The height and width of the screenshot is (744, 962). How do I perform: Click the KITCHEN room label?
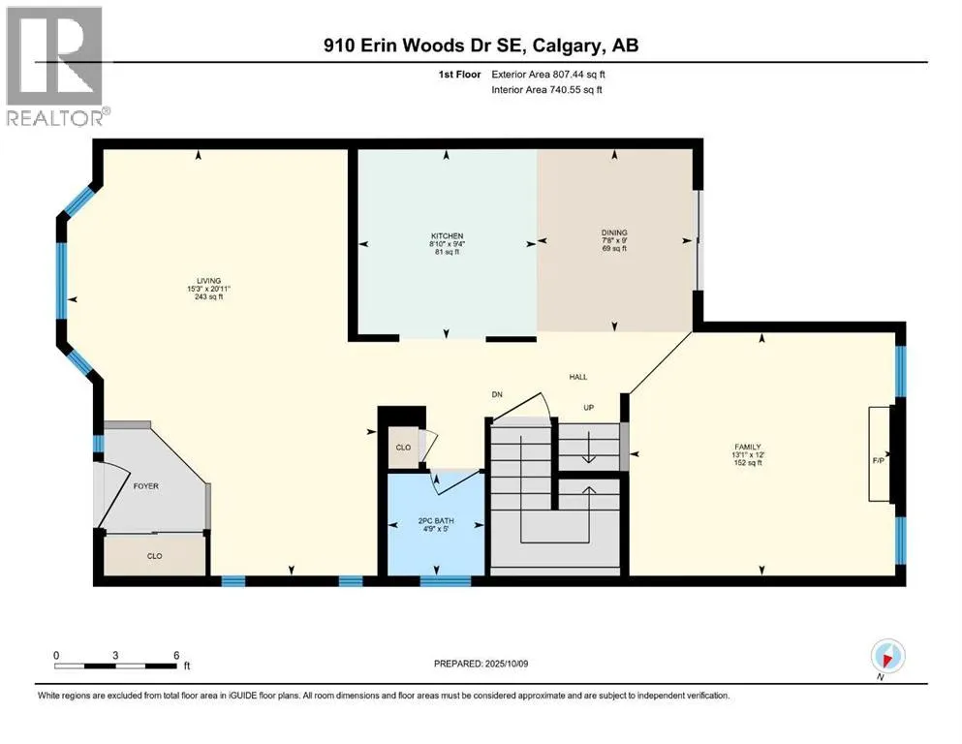click(x=448, y=235)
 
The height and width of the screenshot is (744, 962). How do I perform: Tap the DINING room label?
click(x=614, y=232)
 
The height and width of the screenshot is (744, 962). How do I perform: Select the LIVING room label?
click(x=208, y=281)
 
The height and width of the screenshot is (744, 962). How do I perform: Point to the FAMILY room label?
click(x=748, y=448)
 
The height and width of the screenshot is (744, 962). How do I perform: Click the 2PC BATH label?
click(x=436, y=521)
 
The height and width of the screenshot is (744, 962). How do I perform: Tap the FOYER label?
click(x=146, y=486)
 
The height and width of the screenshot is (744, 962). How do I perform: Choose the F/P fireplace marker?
click(x=879, y=460)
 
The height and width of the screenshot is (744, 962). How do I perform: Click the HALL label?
click(x=578, y=377)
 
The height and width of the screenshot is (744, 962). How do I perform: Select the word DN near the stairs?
click(x=497, y=394)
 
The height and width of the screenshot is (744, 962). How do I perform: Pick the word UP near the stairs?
click(x=588, y=408)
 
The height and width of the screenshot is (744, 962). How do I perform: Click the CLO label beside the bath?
click(x=403, y=448)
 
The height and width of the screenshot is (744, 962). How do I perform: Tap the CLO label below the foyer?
click(x=155, y=556)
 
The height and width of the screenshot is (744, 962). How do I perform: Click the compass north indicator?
click(x=887, y=658)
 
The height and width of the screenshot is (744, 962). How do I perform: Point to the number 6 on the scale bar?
click(x=176, y=655)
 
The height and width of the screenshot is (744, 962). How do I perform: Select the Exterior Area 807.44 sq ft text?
click(x=548, y=75)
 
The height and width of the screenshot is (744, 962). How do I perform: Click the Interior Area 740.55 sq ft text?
click(x=546, y=89)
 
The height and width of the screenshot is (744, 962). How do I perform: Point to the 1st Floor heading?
click(x=459, y=75)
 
